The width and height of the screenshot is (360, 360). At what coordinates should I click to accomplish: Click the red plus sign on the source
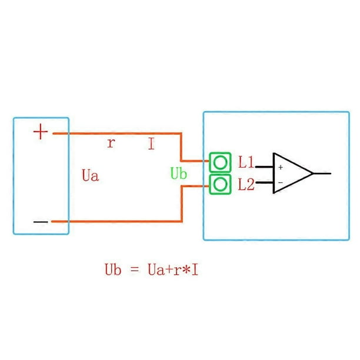click(x=41, y=132)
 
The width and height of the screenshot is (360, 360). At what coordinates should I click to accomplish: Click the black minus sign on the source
click(x=41, y=222)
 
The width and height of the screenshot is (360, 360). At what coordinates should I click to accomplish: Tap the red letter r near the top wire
click(x=111, y=144)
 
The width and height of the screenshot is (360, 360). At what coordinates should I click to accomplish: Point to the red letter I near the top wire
click(x=151, y=144)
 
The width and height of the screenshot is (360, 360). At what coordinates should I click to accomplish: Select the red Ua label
click(x=90, y=175)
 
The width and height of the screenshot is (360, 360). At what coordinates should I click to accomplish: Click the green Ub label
click(x=179, y=173)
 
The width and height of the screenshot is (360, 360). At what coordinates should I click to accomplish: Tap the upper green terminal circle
click(x=220, y=162)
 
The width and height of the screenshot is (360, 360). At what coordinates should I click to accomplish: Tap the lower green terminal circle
click(x=220, y=184)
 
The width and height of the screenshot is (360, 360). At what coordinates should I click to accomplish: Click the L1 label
click(x=246, y=162)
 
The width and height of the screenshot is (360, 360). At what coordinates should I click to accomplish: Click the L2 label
click(x=246, y=184)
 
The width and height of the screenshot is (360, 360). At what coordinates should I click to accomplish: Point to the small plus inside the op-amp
click(x=281, y=168)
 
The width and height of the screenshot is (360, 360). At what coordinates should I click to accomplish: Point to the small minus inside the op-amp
click(x=281, y=182)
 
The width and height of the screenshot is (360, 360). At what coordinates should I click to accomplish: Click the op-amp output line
click(x=322, y=174)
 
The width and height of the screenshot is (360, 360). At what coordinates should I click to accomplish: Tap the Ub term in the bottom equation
click(x=113, y=269)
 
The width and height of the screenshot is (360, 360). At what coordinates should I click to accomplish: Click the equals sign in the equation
click(x=135, y=269)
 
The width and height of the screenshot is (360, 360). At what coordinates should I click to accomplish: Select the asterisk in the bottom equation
click(x=186, y=269)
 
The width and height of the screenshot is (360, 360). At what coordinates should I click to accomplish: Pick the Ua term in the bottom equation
click(x=156, y=269)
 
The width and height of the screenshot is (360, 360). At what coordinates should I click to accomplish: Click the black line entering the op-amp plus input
click(x=264, y=167)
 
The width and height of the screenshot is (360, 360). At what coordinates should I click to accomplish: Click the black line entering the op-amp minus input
click(x=265, y=183)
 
